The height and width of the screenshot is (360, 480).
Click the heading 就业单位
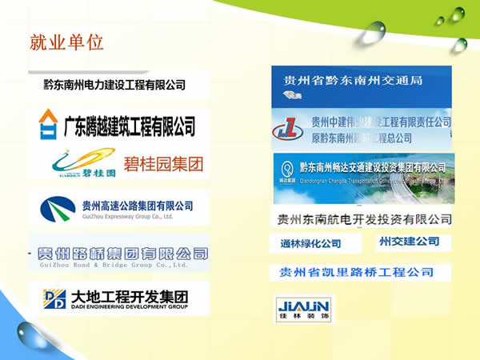point(66,42)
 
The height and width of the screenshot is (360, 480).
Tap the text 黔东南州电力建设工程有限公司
point(114,85)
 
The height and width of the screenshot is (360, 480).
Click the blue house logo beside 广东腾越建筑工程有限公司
point(48,124)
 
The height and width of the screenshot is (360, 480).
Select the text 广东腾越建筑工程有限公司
point(128,125)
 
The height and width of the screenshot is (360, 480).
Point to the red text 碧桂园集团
point(166,166)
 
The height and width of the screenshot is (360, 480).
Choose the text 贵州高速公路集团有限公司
point(138,205)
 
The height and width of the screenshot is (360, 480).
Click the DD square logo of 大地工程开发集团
point(54,298)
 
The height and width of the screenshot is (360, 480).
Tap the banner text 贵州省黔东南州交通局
point(353,81)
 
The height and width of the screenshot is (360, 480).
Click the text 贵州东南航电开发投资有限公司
point(364,219)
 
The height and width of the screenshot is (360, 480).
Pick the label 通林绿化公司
point(310,243)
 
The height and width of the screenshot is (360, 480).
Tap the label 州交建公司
point(409,241)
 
